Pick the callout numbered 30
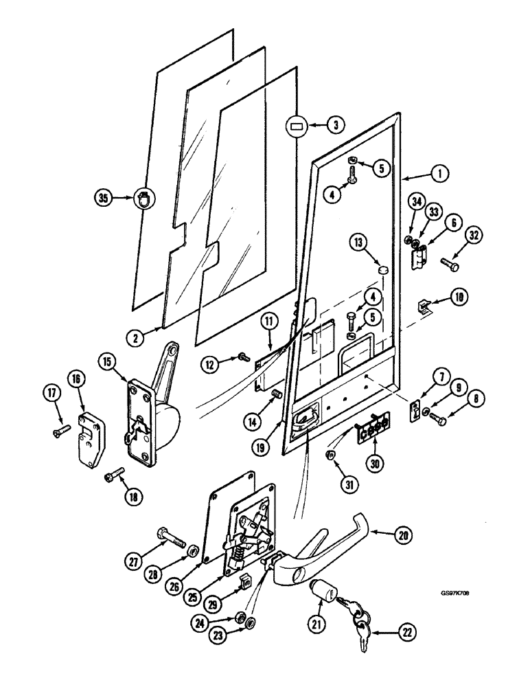(373, 464)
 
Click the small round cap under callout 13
(382, 272)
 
